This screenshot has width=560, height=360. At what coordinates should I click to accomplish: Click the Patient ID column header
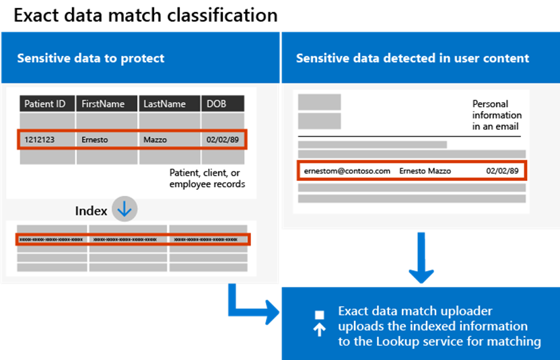coord(44,104)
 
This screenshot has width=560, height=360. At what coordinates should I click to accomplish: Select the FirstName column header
coord(103,104)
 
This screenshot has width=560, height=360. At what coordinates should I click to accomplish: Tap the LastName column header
coord(164,104)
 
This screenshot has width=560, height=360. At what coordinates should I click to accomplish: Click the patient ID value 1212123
coord(40,140)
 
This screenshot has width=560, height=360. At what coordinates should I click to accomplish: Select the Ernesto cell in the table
coord(95,140)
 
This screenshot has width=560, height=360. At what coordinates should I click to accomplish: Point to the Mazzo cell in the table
coord(155,140)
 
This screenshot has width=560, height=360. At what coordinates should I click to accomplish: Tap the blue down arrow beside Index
coord(125,210)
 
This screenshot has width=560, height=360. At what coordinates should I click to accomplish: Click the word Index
coord(91,211)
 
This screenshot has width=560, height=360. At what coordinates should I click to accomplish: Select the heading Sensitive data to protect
coord(90,58)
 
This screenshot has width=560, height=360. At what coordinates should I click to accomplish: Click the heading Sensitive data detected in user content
coord(413,58)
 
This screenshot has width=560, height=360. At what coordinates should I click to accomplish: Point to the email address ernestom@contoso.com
coord(347,171)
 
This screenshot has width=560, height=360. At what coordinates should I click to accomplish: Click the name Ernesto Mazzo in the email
coord(425,171)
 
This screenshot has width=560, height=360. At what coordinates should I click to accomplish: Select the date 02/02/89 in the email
coord(502,171)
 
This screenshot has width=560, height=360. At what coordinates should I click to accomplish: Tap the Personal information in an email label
coord(497,115)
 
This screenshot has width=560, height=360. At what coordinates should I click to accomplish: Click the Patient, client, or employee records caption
coord(207,178)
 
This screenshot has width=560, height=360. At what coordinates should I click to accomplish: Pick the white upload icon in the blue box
coord(320,324)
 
